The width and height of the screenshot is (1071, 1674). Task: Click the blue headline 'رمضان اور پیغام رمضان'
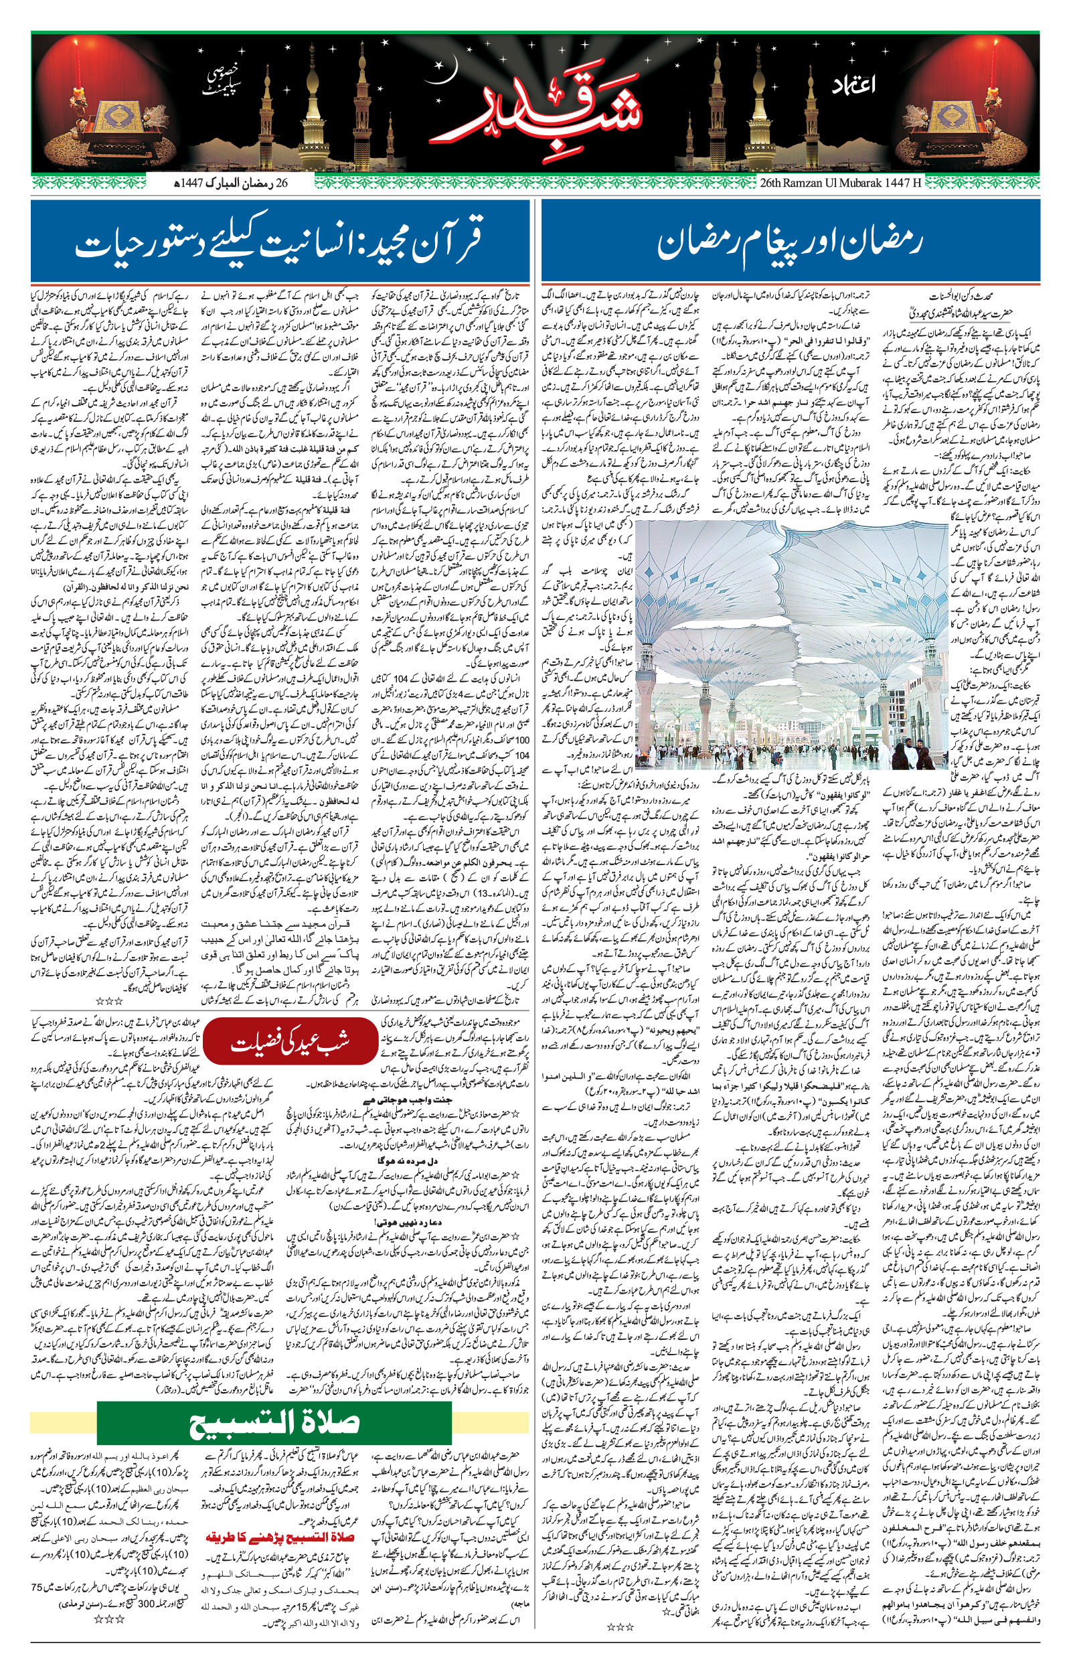(x=789, y=244)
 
